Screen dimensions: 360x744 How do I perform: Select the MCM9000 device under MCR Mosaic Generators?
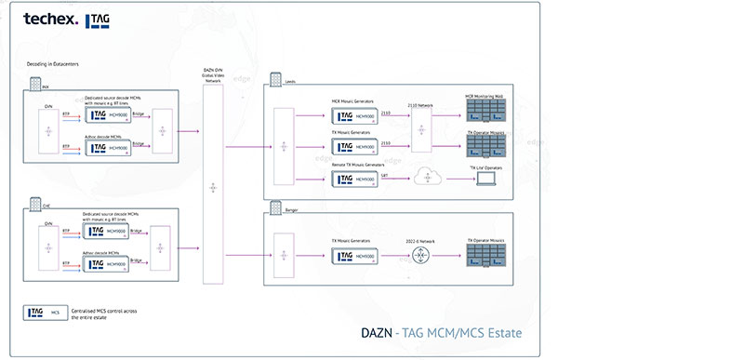click(353, 115)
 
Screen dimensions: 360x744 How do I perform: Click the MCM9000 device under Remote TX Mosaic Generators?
click(353, 180)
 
